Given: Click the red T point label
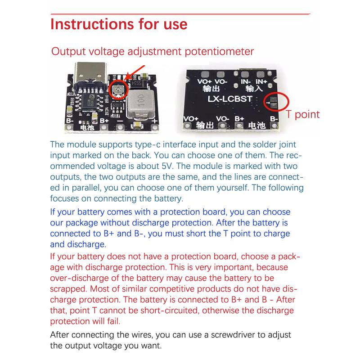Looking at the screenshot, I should point(303,114).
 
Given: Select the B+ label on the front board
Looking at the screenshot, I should point(104,121).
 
